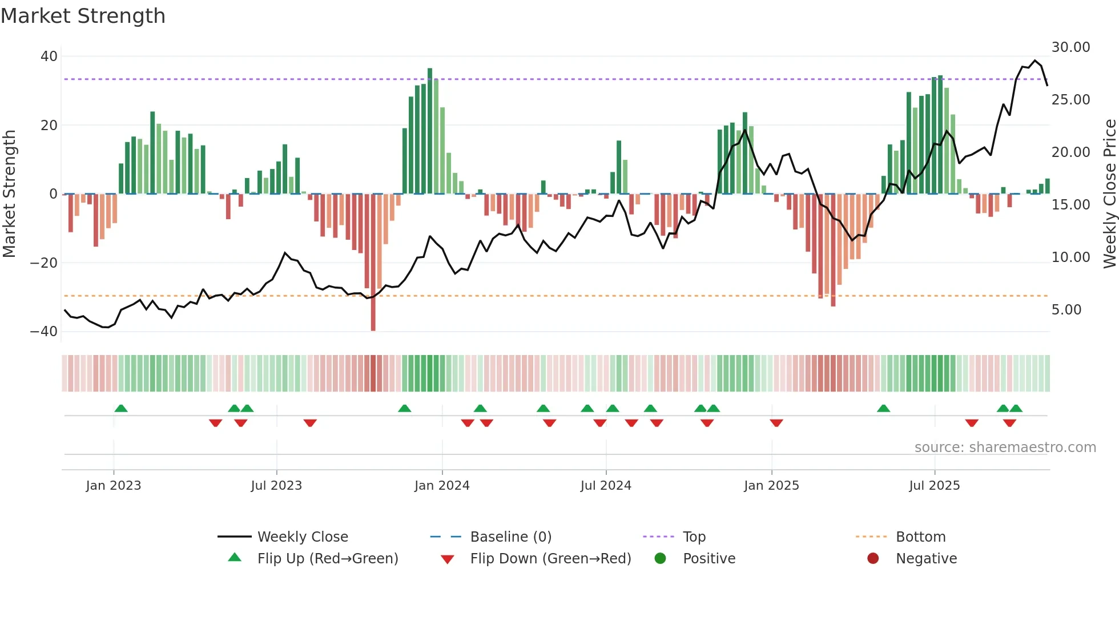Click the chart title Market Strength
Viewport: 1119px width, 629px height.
tap(83, 16)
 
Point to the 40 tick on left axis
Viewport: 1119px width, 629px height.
tap(49, 57)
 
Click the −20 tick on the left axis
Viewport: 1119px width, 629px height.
tap(44, 263)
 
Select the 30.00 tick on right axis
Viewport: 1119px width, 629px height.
tap(1070, 47)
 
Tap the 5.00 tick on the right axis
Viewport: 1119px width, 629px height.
tap(1066, 310)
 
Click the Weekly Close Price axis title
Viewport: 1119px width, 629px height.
tap(1109, 194)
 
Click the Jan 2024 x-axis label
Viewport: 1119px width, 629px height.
tap(442, 486)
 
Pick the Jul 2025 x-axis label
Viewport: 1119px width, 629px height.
tap(934, 486)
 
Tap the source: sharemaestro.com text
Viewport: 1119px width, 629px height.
tap(1005, 447)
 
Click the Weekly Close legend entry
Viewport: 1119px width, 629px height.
tap(302, 537)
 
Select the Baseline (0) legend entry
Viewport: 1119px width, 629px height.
tap(510, 537)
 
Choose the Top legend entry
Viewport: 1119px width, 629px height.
tap(694, 537)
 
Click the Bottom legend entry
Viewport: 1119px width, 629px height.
tap(920, 537)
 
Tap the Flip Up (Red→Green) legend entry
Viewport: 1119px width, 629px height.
tap(327, 559)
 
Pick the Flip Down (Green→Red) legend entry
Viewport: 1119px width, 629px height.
tap(550, 559)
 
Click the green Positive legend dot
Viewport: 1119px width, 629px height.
tap(660, 559)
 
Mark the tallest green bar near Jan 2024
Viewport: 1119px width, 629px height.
tap(430, 131)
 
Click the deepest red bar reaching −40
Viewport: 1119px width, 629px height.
tap(373, 263)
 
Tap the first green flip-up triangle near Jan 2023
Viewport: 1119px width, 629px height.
tap(121, 409)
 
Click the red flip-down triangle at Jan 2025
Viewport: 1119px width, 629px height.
tap(776, 423)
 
